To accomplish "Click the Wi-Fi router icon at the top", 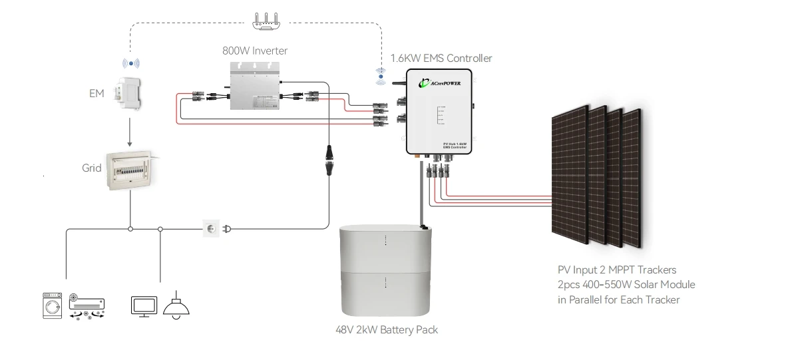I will (x=265, y=21).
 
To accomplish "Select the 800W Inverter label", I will (x=255, y=51).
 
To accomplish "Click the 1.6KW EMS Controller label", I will (x=441, y=59).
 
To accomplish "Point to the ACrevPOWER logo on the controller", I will (x=441, y=83).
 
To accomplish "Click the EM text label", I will (x=97, y=94).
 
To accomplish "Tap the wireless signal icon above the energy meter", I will (x=130, y=63).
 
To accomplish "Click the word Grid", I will (x=91, y=168).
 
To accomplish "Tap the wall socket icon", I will (x=210, y=229).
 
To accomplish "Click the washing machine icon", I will (x=53, y=305).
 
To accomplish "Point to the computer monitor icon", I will (x=143, y=306).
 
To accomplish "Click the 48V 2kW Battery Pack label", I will (x=387, y=330).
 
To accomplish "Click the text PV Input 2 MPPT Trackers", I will (x=617, y=270).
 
